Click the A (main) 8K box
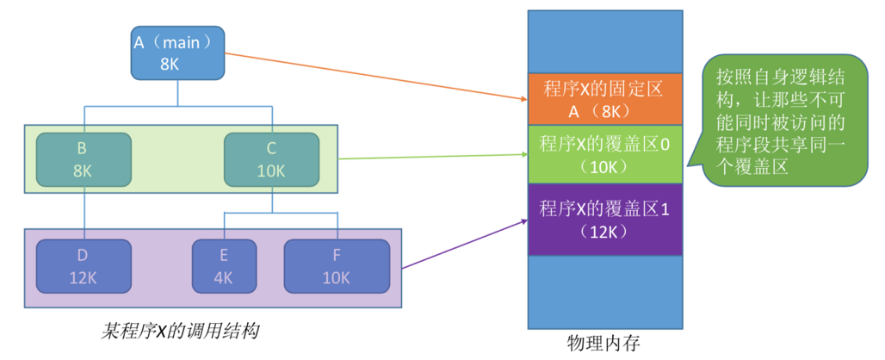click(177, 52)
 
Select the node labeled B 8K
click(83, 159)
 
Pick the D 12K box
click(83, 267)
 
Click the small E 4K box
click(224, 267)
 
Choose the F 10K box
click(337, 267)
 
